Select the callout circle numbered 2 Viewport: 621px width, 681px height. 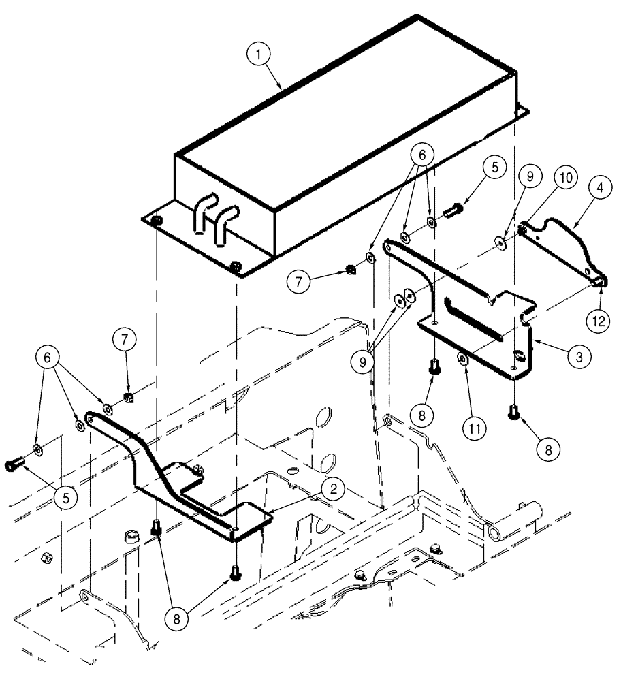333,488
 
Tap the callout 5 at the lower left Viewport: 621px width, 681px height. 65,498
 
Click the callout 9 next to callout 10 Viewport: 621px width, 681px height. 529,176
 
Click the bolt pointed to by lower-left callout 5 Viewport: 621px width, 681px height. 14,464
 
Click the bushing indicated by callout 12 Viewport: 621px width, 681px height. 599,279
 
